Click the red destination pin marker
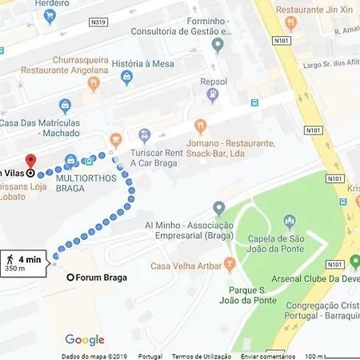pyautogui.click(x=31, y=160)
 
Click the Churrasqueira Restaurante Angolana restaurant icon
pyautogui.click(x=94, y=82)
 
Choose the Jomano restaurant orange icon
pyautogui.click(x=200, y=126)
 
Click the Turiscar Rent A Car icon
pyautogui.click(x=145, y=135)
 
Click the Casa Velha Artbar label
pyautogui.click(x=187, y=266)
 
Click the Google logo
pyautogui.click(x=85, y=340)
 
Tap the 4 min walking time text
pyautogui.click(x=30, y=259)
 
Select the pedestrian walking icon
pyautogui.click(x=10, y=260)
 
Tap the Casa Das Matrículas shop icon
pyautogui.click(x=66, y=105)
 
